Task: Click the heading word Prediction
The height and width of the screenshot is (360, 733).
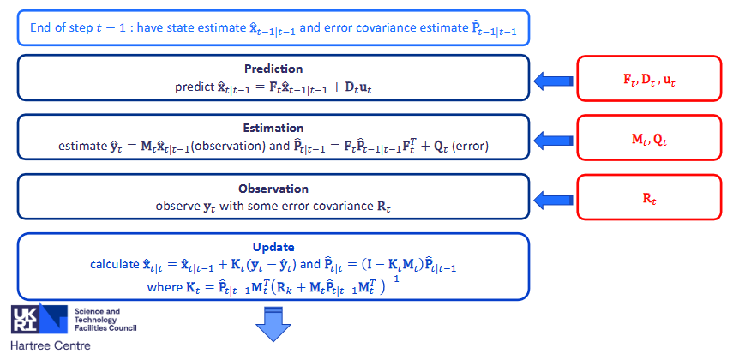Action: tap(273, 69)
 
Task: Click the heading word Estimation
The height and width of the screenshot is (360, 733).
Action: tap(273, 128)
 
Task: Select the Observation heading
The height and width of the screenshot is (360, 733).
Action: tap(273, 189)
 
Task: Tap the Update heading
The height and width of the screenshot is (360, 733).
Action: tap(273, 247)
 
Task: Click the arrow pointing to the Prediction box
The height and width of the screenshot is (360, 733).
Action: tap(554, 81)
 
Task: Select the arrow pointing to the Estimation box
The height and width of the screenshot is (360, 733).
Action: tap(554, 140)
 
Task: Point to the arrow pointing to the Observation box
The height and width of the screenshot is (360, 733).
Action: tap(554, 200)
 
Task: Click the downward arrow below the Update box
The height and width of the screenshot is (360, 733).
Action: tap(273, 323)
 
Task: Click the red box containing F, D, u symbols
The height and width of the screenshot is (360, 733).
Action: tap(649, 79)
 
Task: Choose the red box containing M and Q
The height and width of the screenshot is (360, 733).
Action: tap(649, 139)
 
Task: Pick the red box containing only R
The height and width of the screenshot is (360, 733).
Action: tap(649, 197)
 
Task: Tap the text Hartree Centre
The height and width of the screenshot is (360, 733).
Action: tap(51, 346)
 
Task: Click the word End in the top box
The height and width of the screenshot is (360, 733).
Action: tap(39, 27)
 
